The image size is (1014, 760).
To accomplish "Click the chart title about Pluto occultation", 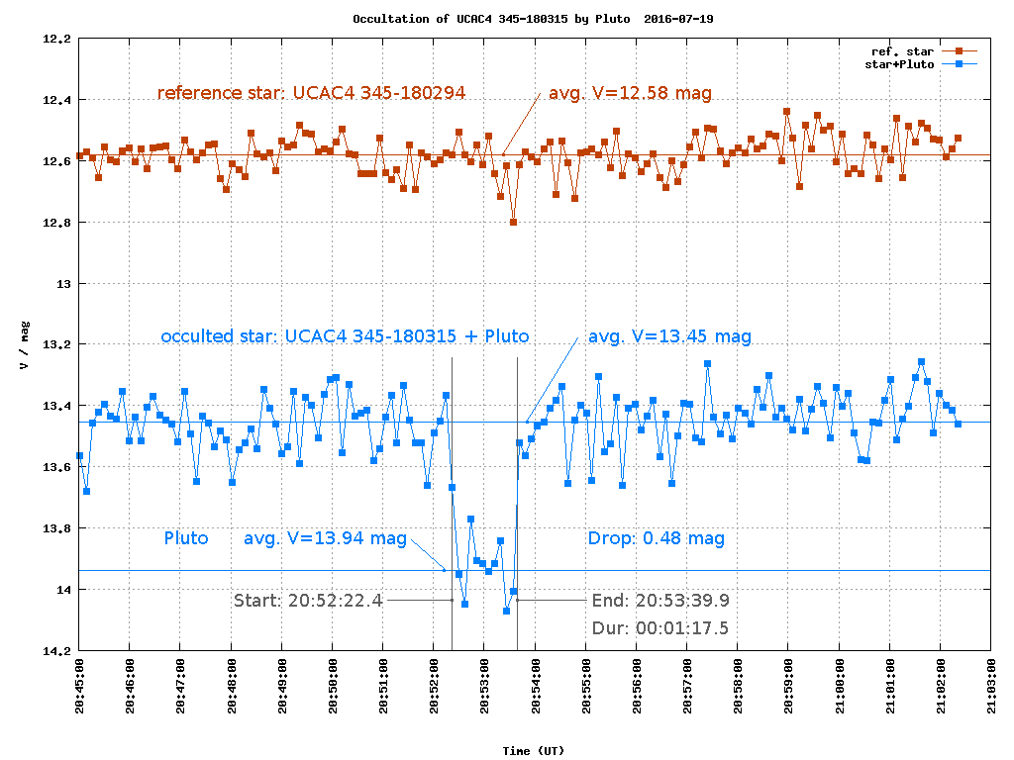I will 533,19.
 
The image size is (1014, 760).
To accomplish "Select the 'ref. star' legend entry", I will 902,50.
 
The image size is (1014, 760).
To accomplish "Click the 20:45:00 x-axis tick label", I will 80,684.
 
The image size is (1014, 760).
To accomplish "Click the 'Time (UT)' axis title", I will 533,751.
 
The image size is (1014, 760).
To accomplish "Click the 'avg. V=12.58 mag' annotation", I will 630,93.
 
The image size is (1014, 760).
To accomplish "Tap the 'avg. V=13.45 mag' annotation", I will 669,336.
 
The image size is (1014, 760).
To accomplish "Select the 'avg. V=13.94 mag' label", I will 325,538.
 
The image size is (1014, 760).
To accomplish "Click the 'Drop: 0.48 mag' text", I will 656,538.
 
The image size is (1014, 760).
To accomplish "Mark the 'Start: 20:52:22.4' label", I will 308,600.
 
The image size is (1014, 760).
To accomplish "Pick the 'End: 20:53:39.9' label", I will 660,600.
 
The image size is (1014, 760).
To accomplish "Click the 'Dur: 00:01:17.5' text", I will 660,627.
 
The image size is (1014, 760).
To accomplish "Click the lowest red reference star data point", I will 513,223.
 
